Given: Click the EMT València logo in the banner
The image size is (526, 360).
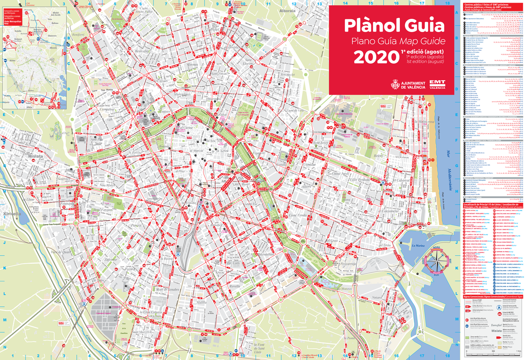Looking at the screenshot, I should point(437,84).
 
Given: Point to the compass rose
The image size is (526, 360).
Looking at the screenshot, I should point(439,263).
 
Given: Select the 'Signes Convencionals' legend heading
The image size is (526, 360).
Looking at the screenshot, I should point(493,296).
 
